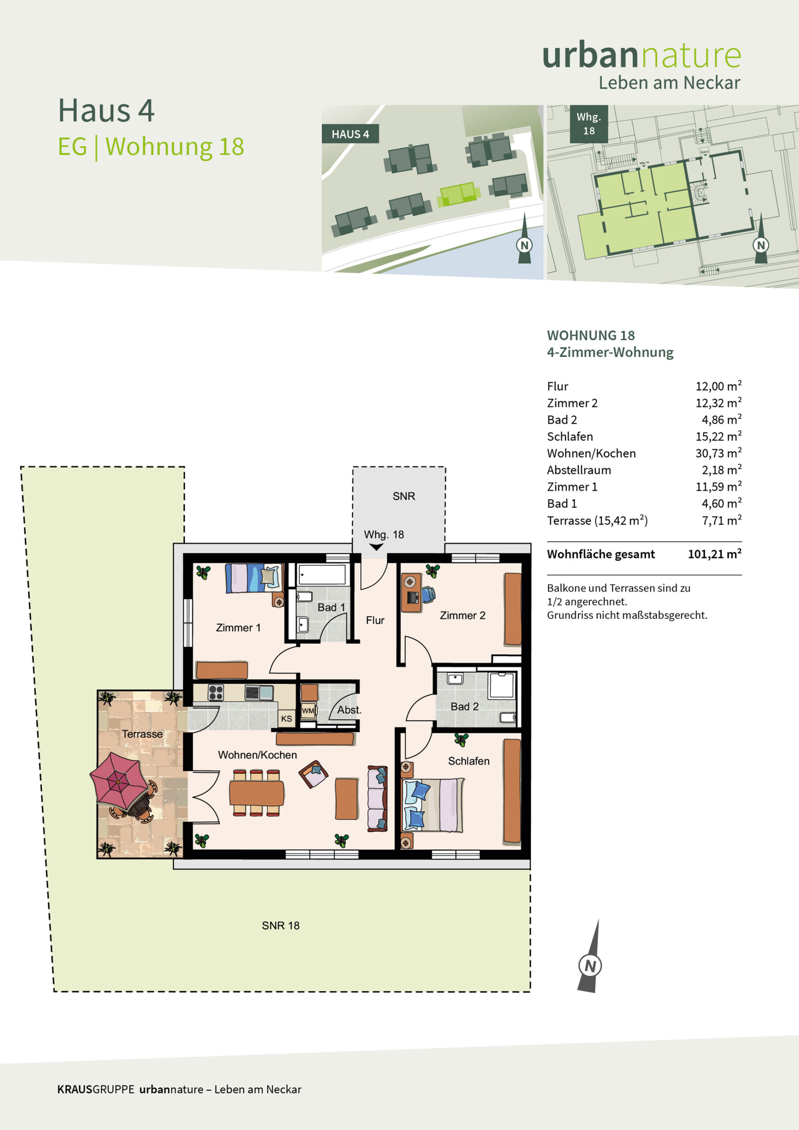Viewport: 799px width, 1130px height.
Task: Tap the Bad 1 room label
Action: click(332, 607)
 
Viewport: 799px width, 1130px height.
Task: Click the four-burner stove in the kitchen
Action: click(215, 693)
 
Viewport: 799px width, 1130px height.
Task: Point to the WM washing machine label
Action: click(308, 711)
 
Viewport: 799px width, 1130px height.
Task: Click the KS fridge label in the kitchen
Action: click(286, 719)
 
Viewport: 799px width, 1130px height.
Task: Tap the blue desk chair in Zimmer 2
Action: click(428, 595)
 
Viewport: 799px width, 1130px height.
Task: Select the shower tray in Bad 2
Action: click(501, 685)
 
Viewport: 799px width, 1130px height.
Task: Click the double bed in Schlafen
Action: click(433, 805)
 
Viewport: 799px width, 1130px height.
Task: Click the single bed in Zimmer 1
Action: click(254, 578)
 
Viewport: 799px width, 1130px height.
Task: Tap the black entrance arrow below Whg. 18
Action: click(377, 547)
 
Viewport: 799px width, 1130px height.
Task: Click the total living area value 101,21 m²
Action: click(714, 554)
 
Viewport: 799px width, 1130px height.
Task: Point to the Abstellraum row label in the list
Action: click(579, 470)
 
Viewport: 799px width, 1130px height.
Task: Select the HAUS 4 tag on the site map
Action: click(350, 134)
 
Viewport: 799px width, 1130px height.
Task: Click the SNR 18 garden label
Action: click(281, 925)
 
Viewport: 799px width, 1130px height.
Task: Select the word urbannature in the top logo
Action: click(641, 55)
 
